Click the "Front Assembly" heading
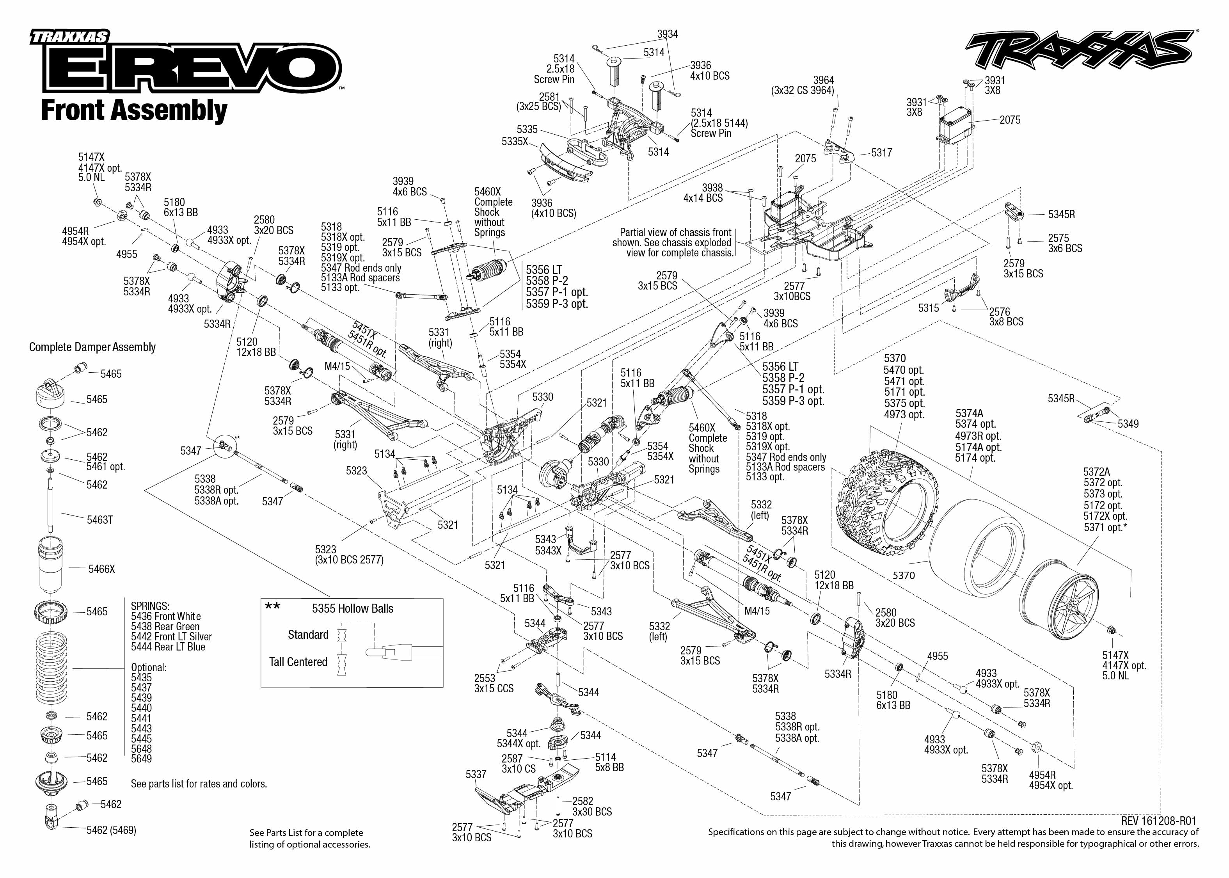tap(134, 110)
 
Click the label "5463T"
tap(100, 520)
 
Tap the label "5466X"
tap(101, 569)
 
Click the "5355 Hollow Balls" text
tap(352, 609)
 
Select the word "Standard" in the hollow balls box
tap(308, 635)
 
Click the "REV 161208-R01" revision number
tap(1159, 821)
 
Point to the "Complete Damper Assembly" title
tap(92, 347)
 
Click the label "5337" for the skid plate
tap(476, 774)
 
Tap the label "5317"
tap(881, 153)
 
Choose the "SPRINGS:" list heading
tap(150, 606)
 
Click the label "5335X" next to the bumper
tap(515, 141)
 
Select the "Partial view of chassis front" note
tap(675, 233)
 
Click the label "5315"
tap(929, 308)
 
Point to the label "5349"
tap(1128, 424)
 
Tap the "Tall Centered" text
tap(298, 662)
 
